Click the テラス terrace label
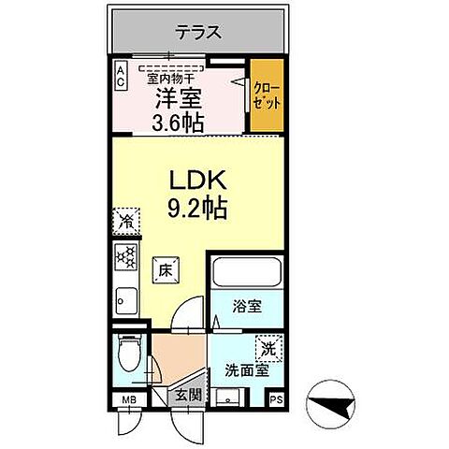click(198, 33)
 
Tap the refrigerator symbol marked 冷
click(124, 222)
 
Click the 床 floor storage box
click(163, 269)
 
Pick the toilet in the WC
click(130, 356)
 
